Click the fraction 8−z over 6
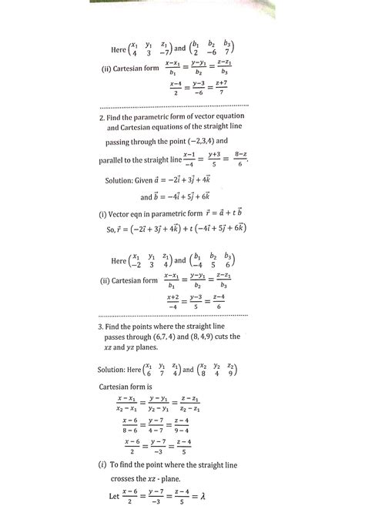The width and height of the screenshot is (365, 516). click(240, 159)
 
